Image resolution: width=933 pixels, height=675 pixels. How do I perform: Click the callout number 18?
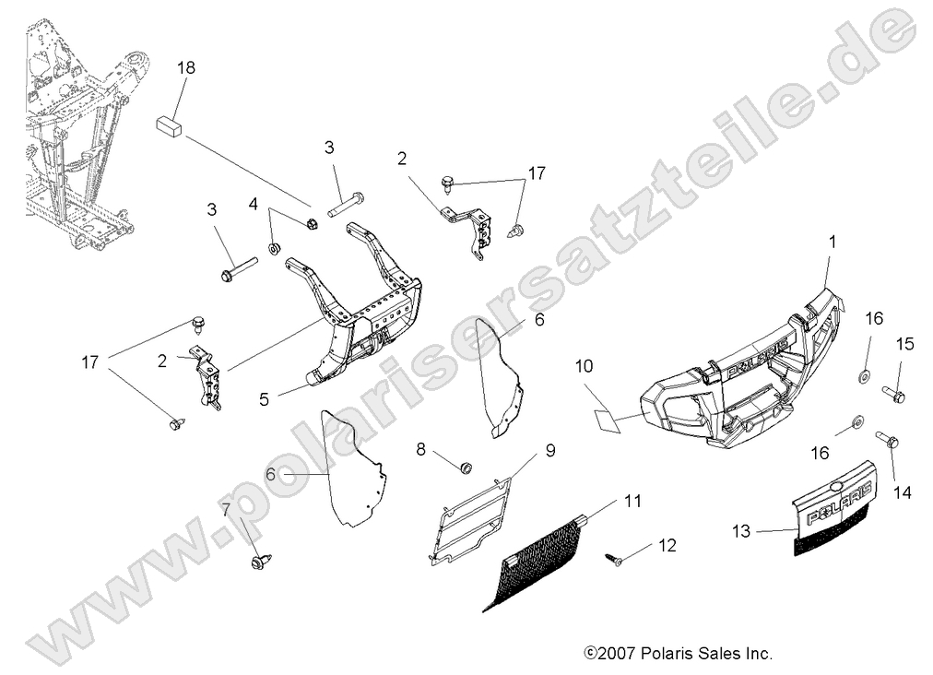186,68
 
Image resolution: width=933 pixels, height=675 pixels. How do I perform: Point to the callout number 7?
226,510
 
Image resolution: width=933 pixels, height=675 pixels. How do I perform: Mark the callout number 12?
667,546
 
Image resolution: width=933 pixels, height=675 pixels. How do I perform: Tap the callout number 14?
902,492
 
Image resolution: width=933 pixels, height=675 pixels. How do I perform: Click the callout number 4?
254,204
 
